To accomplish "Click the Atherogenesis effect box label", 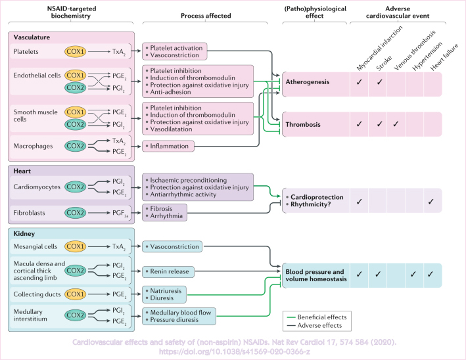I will coord(312,82).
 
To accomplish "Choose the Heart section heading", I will coord(24,170).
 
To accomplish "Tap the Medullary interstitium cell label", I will coord(35,317).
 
